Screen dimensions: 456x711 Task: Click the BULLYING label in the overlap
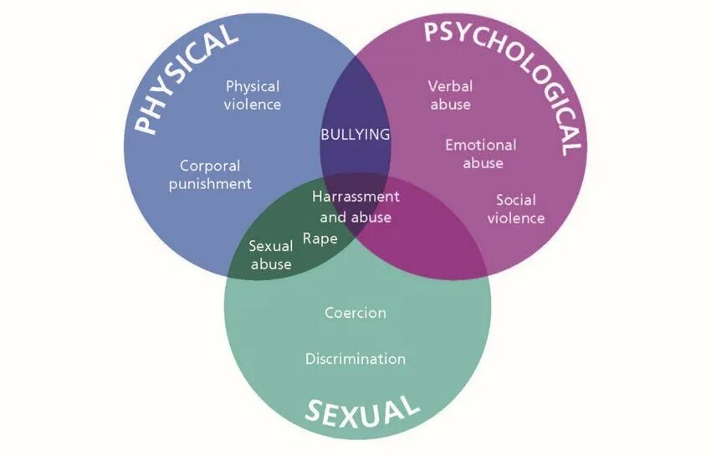[x=355, y=134]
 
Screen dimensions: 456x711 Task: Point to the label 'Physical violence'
[x=253, y=95]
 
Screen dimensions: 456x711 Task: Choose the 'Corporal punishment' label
[x=210, y=175]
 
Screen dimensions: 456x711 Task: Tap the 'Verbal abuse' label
[x=450, y=95]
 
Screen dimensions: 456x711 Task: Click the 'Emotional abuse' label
[x=481, y=154]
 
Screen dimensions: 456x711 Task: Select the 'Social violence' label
[x=516, y=209]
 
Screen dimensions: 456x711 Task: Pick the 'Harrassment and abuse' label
[x=355, y=207]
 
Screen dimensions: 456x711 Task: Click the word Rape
[x=320, y=238]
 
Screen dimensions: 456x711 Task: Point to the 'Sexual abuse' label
[x=271, y=255]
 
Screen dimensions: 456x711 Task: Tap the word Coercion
[x=355, y=313]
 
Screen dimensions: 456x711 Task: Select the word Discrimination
[x=355, y=359]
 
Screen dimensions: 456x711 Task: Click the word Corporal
[x=210, y=166]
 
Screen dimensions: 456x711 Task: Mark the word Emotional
[x=481, y=145]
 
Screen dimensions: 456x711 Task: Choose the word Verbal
[x=450, y=86]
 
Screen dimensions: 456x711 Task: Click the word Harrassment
[x=355, y=197]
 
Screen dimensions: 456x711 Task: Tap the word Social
[x=516, y=200]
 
